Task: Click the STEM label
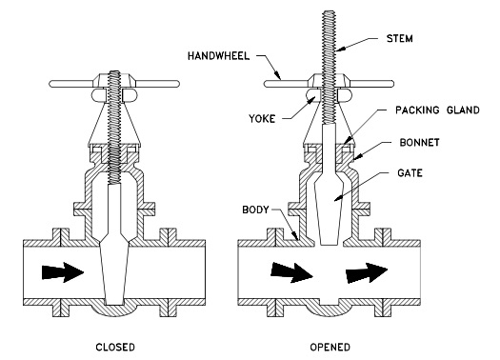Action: tap(400, 39)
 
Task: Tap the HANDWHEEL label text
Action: tap(218, 56)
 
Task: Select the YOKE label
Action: tap(262, 119)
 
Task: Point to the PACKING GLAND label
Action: tap(437, 110)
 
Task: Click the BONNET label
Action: tap(420, 142)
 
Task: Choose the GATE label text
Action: tap(410, 173)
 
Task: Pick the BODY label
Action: tap(255, 210)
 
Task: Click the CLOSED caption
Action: tap(115, 347)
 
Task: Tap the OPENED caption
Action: tap(330, 347)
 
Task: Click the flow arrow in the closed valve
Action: tap(63, 272)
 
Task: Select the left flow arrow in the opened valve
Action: tap(291, 273)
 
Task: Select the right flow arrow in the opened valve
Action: tap(367, 273)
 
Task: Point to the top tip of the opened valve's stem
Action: tap(330, 11)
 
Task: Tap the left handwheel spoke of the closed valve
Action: tap(71, 84)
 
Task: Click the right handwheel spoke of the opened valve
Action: tap(371, 84)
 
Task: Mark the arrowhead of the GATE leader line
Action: tap(335, 200)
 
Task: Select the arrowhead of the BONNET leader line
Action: tap(354, 158)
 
